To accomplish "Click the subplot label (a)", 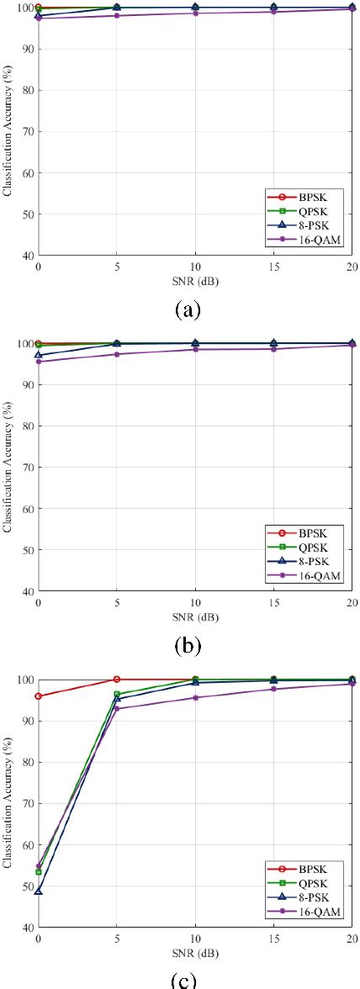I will (x=187, y=309).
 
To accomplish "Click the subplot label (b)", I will (x=187, y=645).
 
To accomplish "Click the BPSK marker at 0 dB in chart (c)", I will (x=39, y=696).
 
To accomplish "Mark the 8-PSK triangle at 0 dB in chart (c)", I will (x=39, y=891).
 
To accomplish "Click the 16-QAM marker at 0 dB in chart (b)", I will (x=39, y=362).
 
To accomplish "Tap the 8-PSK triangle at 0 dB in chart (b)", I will (x=39, y=355).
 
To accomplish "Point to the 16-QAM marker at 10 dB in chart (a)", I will (x=196, y=13).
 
